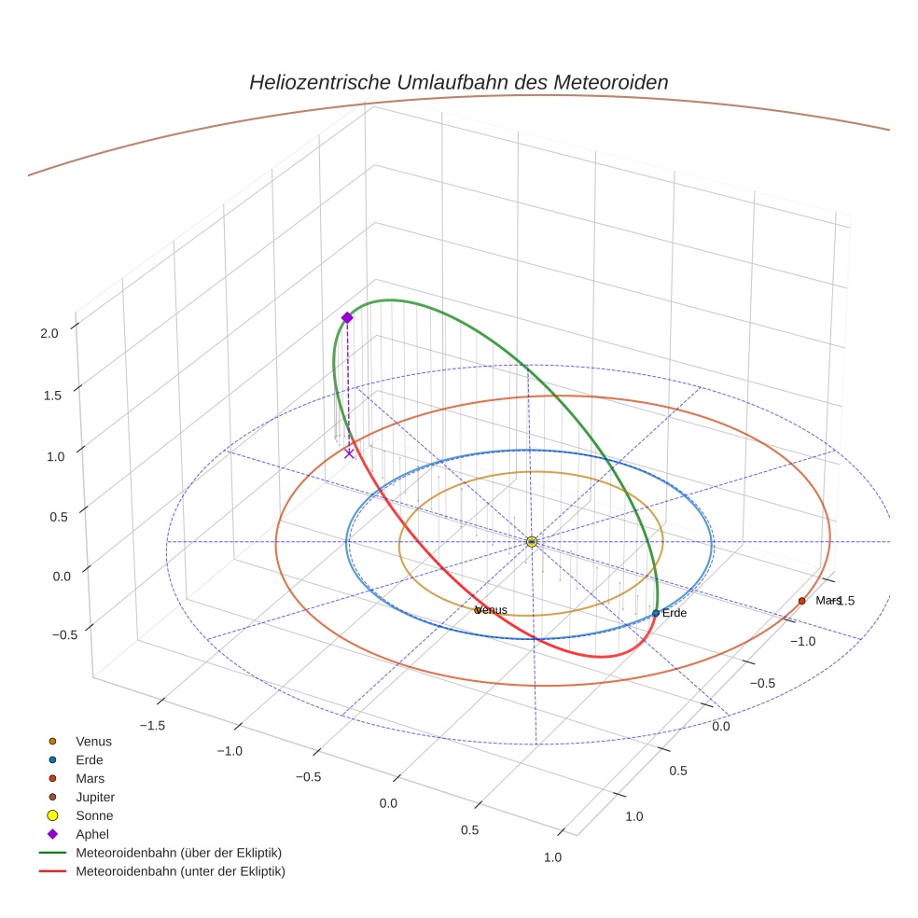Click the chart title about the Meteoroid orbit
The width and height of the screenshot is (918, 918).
[x=458, y=82]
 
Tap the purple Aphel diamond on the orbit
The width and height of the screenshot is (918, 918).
[x=347, y=318]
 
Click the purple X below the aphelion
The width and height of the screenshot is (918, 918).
[x=349, y=453]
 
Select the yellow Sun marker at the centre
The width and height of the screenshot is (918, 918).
[x=531, y=542]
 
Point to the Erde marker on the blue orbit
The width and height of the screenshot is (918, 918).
[x=656, y=613]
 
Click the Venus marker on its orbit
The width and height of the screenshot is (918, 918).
[x=478, y=610]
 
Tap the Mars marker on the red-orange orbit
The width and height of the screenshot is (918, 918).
[x=802, y=601]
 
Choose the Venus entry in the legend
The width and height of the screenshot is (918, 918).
[x=93, y=742]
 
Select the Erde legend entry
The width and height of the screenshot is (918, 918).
[x=90, y=760]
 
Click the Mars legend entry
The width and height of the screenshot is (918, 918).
[x=90, y=779]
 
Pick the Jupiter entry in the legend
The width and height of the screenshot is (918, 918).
[x=95, y=798]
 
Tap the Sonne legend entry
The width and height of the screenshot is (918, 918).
[x=94, y=816]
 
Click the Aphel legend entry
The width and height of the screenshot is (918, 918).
[x=91, y=834]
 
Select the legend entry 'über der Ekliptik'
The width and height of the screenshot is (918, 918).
[x=178, y=853]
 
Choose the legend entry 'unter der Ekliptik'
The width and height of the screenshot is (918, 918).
[x=180, y=871]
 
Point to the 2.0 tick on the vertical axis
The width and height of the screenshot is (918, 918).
[x=49, y=332]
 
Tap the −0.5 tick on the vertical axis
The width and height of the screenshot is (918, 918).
[x=47, y=634]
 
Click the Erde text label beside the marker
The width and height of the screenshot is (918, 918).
[x=675, y=613]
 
